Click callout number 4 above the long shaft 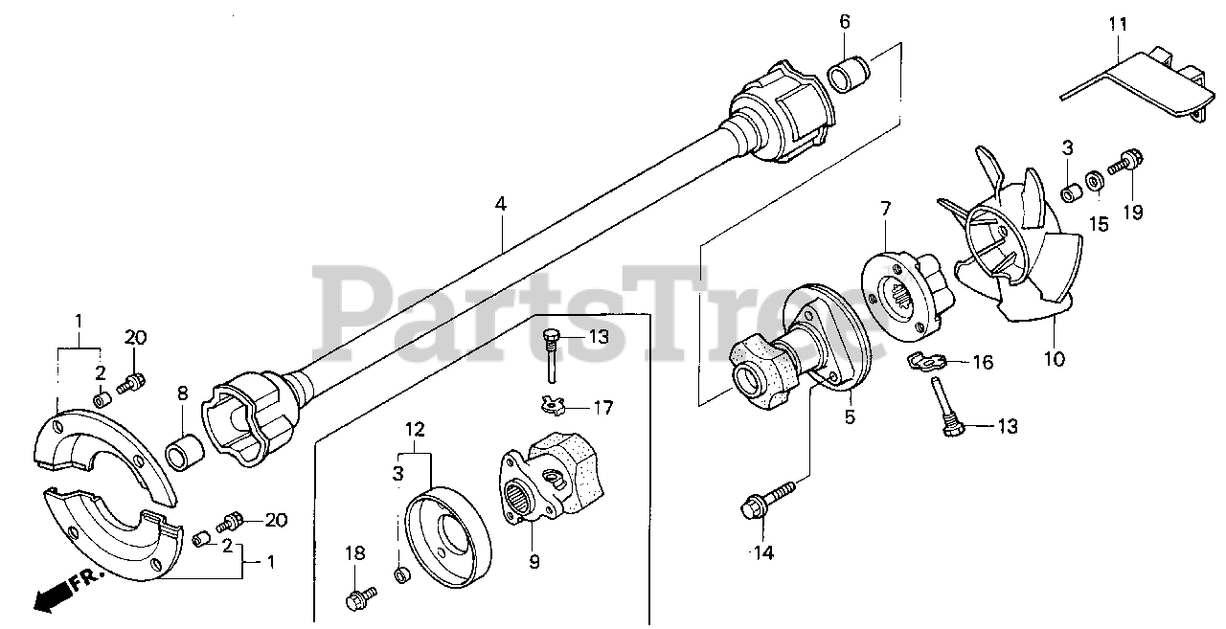click(x=500, y=204)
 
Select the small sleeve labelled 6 click(x=849, y=74)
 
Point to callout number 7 click(x=885, y=208)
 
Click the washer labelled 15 click(x=1092, y=179)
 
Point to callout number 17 click(x=601, y=408)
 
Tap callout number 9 click(x=534, y=562)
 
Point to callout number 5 click(x=850, y=417)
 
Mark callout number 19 click(x=1133, y=213)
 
